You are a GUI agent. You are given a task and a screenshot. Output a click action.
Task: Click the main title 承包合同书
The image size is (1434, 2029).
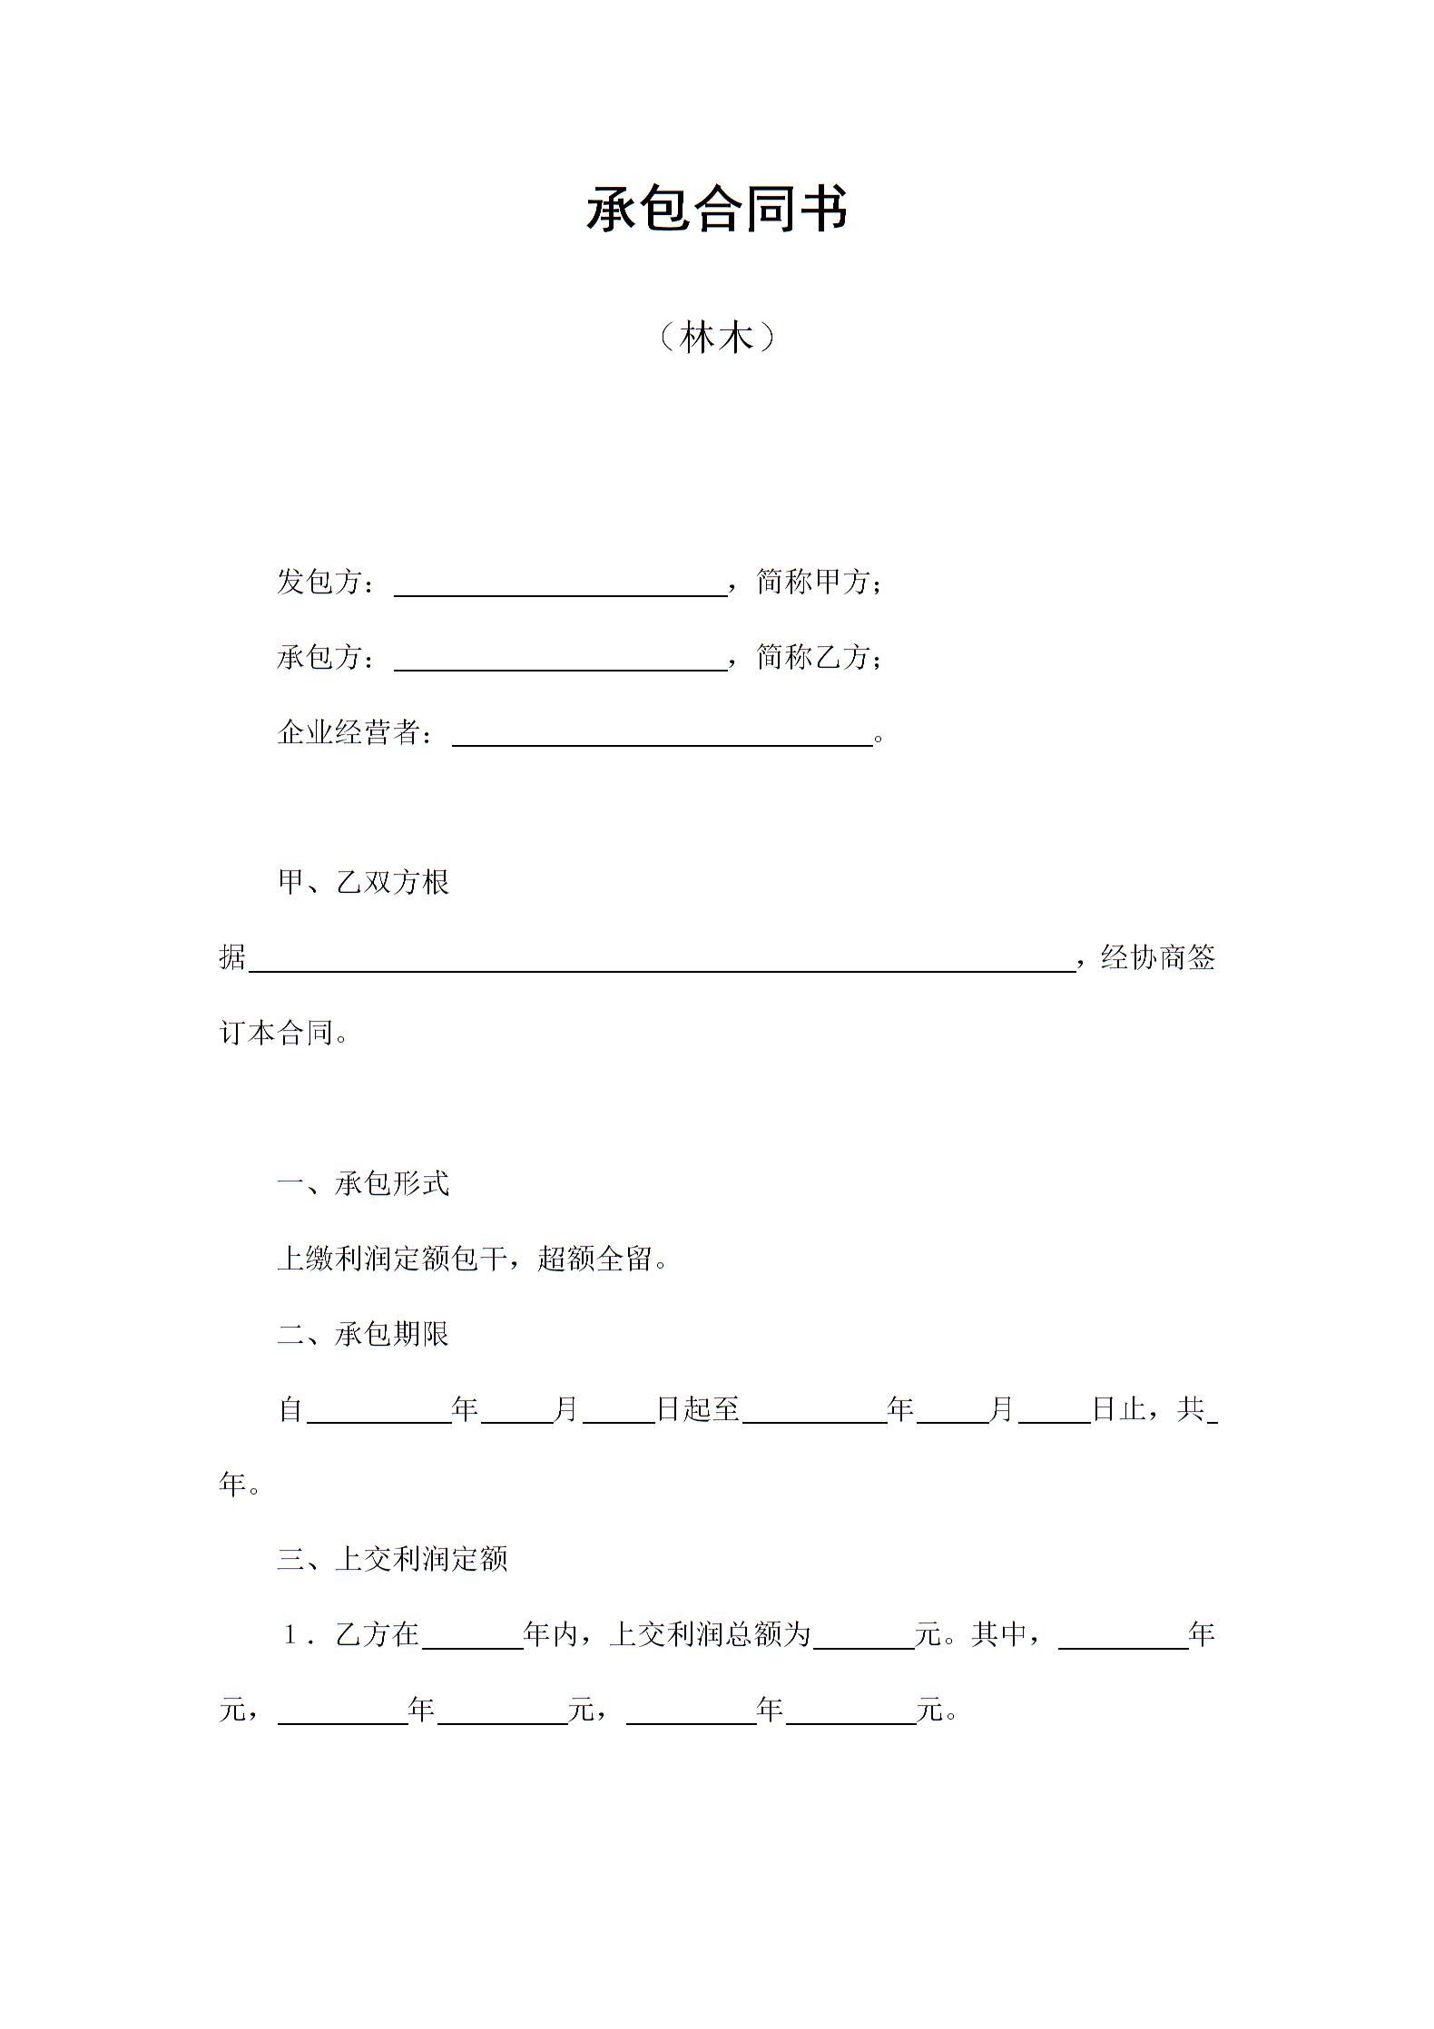click(716, 210)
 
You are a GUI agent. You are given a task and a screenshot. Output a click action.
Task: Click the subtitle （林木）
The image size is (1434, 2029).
click(716, 338)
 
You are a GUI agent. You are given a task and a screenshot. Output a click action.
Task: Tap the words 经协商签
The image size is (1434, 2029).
click(1157, 958)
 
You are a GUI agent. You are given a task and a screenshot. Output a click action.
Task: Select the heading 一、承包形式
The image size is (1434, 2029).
click(363, 1184)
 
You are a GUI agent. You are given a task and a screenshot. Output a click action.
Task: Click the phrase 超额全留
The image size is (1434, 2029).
click(594, 1260)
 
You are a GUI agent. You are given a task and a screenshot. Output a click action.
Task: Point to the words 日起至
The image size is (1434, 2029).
click(698, 1409)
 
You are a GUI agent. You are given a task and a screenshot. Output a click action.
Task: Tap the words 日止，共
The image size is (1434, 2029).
click(1148, 1409)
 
